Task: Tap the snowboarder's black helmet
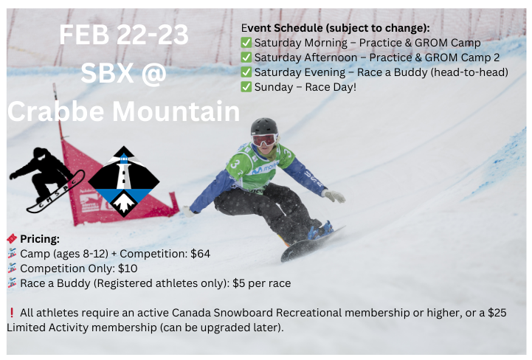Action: pyautogui.click(x=263, y=127)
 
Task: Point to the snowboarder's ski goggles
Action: pyautogui.click(x=264, y=139)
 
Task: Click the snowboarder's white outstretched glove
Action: pyautogui.click(x=335, y=195)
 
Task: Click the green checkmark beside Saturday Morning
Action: pyautogui.click(x=246, y=43)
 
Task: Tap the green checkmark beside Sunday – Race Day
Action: pyautogui.click(x=246, y=87)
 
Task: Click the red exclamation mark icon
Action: pyautogui.click(x=12, y=313)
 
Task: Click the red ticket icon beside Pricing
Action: pyautogui.click(x=12, y=239)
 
